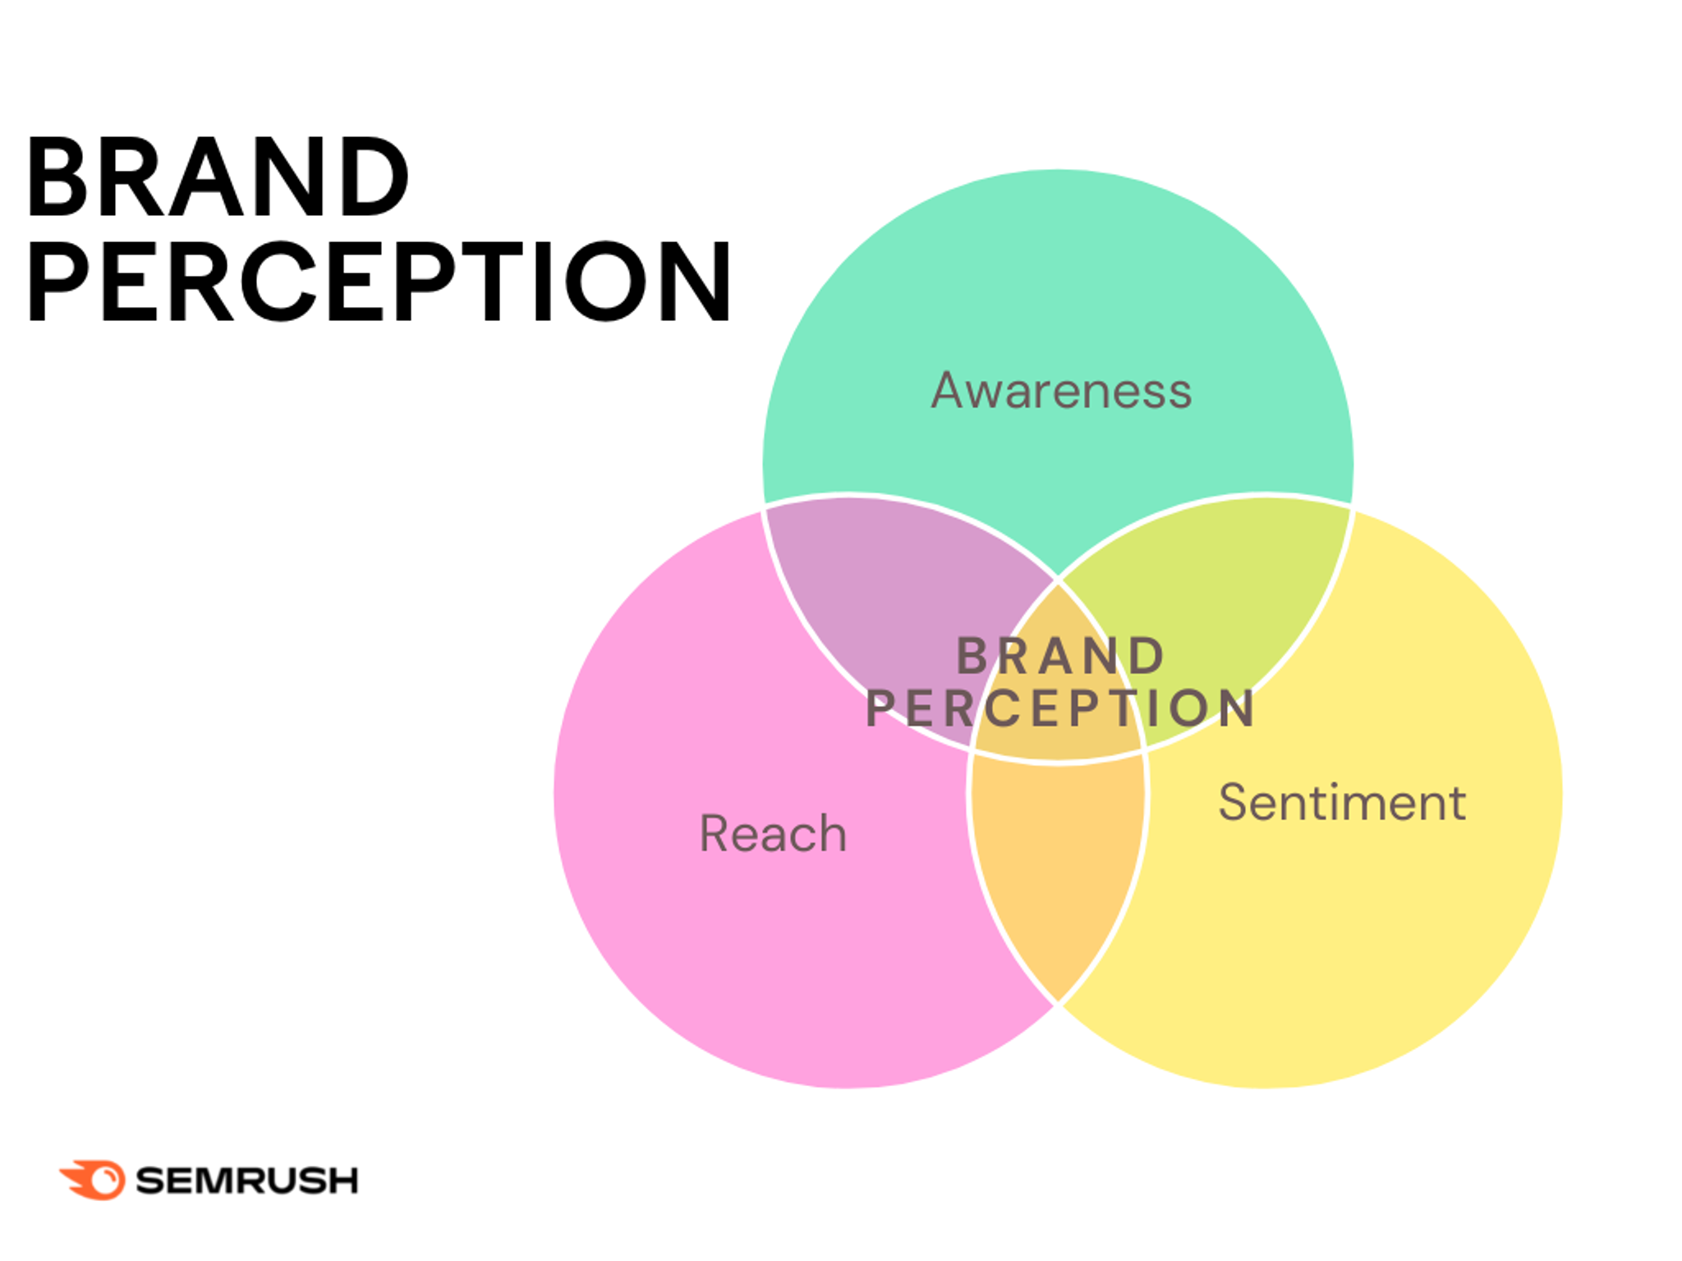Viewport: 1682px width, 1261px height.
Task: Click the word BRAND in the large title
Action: click(218, 178)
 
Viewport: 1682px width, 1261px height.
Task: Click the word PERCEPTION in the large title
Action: click(378, 282)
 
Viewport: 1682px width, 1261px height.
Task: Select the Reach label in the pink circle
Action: click(773, 833)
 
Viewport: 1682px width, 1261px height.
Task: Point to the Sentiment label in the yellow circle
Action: click(1342, 802)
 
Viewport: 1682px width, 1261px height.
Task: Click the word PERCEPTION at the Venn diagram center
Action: click(1059, 708)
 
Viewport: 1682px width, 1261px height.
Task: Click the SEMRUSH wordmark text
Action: click(246, 1181)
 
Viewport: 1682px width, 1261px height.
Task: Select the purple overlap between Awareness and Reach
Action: click(887, 591)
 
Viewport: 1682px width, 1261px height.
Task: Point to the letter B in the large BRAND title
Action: click(57, 178)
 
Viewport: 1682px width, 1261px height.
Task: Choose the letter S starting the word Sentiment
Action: click(1234, 802)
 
